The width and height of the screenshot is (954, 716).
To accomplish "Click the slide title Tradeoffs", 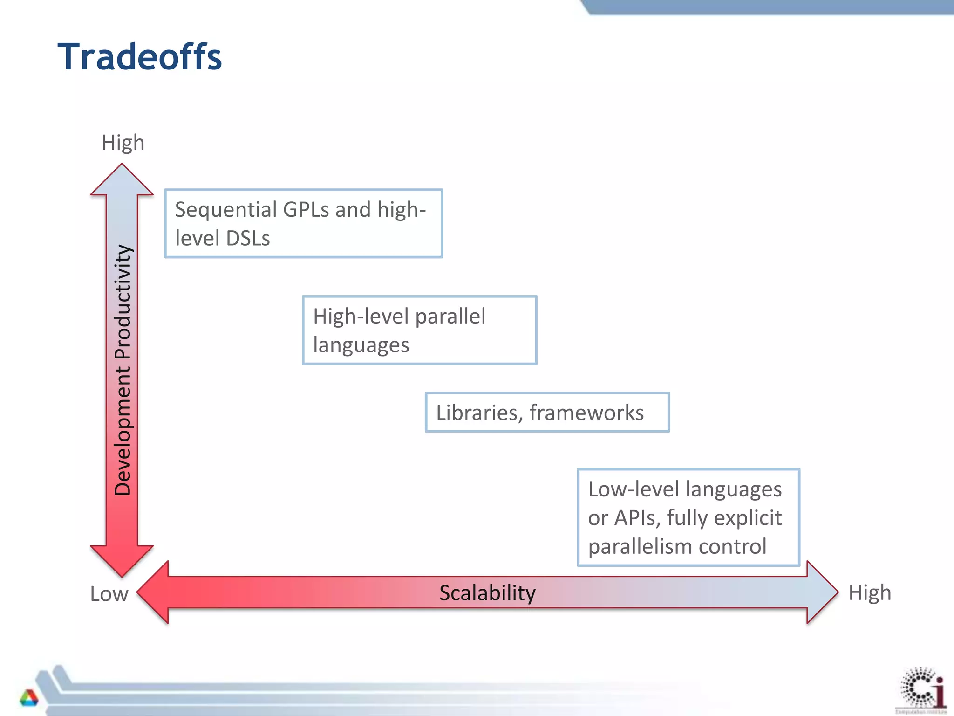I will (139, 57).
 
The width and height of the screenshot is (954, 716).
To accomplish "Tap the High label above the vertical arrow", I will (123, 143).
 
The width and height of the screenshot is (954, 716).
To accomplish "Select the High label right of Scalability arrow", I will (870, 593).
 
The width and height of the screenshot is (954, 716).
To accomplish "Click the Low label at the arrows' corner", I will (109, 594).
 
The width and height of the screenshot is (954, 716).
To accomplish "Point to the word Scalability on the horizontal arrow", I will (487, 593).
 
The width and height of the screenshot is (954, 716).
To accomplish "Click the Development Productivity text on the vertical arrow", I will (123, 369).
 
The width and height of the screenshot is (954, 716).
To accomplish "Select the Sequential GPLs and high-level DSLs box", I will (303, 223).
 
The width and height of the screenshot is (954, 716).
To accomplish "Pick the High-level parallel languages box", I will (419, 330).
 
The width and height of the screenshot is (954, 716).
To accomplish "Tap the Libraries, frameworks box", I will (547, 413).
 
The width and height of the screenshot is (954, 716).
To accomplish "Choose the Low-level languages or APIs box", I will (688, 517).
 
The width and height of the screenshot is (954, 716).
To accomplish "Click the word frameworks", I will (586, 413).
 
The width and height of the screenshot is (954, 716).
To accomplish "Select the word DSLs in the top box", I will (247, 239).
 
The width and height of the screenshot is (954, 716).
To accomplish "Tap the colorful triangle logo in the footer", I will (29, 697).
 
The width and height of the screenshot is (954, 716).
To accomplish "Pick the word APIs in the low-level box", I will (637, 518).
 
